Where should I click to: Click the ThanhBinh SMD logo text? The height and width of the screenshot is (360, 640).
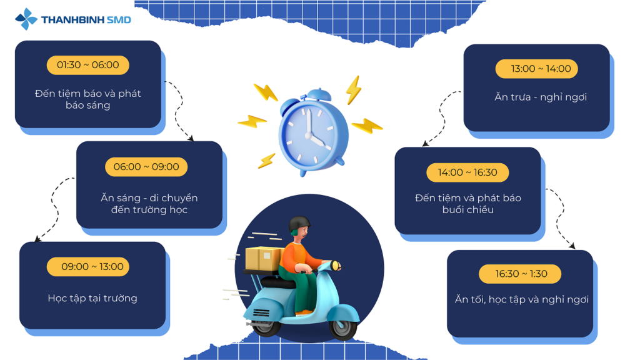(x=86, y=19)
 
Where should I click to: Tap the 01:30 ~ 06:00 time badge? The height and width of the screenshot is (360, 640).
(x=87, y=65)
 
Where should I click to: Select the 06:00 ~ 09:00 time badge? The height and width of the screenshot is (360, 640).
(x=146, y=166)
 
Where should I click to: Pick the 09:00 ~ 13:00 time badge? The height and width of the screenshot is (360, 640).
(x=87, y=266)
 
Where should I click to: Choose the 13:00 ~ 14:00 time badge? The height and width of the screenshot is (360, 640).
(x=536, y=69)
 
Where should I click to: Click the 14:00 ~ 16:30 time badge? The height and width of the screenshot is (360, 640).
(x=467, y=172)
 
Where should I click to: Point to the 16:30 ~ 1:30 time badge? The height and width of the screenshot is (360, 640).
(x=519, y=274)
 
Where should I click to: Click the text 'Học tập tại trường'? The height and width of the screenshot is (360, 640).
(x=92, y=298)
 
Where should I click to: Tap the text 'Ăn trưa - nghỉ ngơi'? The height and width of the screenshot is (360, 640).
(x=541, y=97)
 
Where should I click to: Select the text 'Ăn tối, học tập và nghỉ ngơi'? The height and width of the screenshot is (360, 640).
(x=522, y=299)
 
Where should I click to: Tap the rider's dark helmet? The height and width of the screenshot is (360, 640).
(x=299, y=224)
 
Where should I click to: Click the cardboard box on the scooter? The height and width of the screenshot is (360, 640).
(x=264, y=259)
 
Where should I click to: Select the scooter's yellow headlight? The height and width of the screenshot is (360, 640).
(x=336, y=265)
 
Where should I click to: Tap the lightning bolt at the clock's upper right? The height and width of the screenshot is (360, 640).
(x=353, y=90)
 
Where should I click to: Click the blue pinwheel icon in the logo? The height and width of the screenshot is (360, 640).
(x=26, y=19)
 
